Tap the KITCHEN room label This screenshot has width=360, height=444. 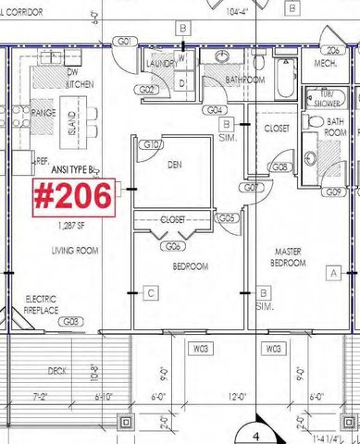pos(53,84)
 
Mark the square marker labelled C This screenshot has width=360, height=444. pos(150,294)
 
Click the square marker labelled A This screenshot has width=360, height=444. pos(332,271)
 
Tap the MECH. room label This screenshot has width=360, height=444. pos(326,62)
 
